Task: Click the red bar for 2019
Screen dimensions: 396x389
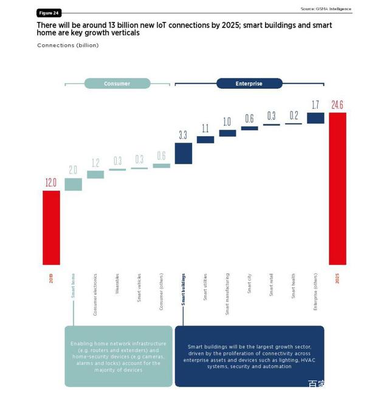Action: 51,228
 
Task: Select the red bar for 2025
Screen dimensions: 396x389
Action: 337,189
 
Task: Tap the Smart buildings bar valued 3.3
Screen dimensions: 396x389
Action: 184,153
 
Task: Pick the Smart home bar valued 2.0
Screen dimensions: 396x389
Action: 73,184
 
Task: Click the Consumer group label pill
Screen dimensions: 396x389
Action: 117,83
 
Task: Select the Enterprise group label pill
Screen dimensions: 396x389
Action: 249,83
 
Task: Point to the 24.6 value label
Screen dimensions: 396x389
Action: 337,105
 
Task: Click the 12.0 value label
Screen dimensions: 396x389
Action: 51,182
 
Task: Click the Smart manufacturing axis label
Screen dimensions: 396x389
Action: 227,293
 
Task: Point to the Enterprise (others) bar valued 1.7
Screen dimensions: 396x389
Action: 315,118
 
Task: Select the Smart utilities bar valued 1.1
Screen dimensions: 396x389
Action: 205,139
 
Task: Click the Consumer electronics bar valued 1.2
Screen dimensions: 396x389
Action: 95,175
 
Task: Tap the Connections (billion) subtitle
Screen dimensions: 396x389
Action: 67,46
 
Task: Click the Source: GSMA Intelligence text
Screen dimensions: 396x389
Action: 326,9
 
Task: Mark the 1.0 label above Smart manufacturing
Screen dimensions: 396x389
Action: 227,122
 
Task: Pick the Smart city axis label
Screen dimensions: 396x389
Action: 249,285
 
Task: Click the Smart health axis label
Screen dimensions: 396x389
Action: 294,286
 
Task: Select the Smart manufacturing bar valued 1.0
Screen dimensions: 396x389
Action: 227,133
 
